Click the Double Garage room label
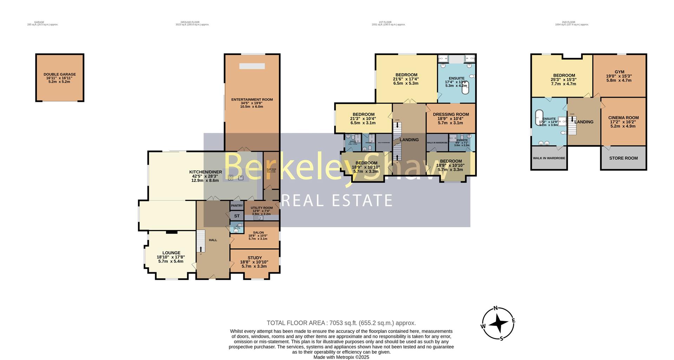coord(60,74)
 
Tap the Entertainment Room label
coord(252,100)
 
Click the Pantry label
coord(237,206)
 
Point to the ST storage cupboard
coord(237,216)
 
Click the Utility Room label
coord(262,208)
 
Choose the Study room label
coord(255,258)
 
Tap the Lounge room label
coord(171,253)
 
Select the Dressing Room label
coord(451,114)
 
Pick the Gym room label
coord(619,72)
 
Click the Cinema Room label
coord(623,118)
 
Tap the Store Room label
coord(623,158)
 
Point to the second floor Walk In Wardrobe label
coord(549,158)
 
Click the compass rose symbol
coord(498,323)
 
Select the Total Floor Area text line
coord(341,323)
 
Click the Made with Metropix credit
coord(341,357)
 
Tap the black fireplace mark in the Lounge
coord(172,232)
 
